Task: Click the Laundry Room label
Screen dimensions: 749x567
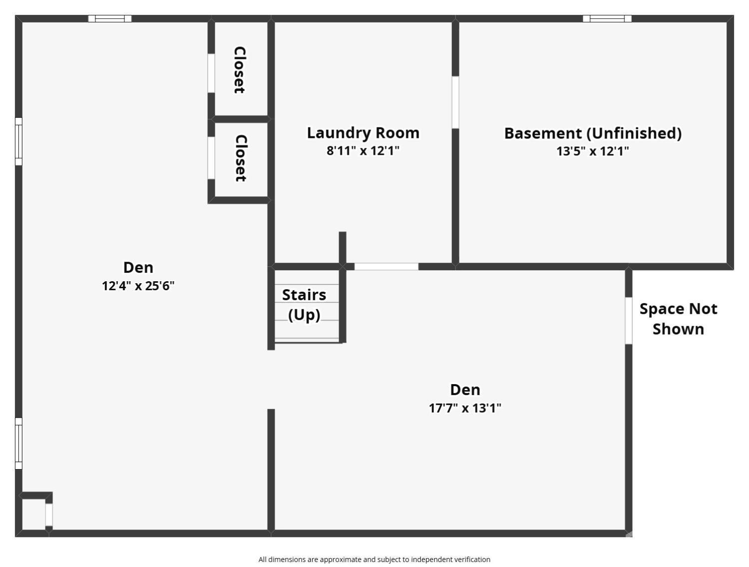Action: tap(363, 133)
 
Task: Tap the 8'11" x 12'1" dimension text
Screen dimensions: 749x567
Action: tap(363, 150)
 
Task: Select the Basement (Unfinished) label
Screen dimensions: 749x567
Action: tap(593, 133)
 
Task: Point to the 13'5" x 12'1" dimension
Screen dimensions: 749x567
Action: tap(593, 151)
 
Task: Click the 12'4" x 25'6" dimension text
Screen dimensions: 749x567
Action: tap(138, 286)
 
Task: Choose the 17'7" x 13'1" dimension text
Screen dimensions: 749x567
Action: tap(465, 408)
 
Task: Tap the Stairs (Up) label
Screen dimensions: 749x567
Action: tap(304, 305)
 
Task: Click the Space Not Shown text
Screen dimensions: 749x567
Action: tap(679, 319)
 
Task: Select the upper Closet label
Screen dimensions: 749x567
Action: tap(240, 70)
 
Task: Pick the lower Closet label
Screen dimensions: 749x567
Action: tap(241, 158)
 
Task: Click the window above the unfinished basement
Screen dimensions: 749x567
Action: tap(607, 18)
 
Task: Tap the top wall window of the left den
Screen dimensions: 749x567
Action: tap(110, 18)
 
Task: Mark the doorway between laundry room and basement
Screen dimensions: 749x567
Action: tap(455, 102)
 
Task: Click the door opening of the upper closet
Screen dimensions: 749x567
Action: tap(211, 73)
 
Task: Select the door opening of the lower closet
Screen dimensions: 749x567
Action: tap(211, 158)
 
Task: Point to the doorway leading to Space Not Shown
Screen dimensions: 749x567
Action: tap(629, 321)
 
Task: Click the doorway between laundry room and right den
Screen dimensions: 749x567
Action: tap(386, 267)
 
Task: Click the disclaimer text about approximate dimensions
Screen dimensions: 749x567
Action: tap(374, 559)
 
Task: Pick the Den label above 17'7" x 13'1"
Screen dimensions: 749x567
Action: tap(465, 390)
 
